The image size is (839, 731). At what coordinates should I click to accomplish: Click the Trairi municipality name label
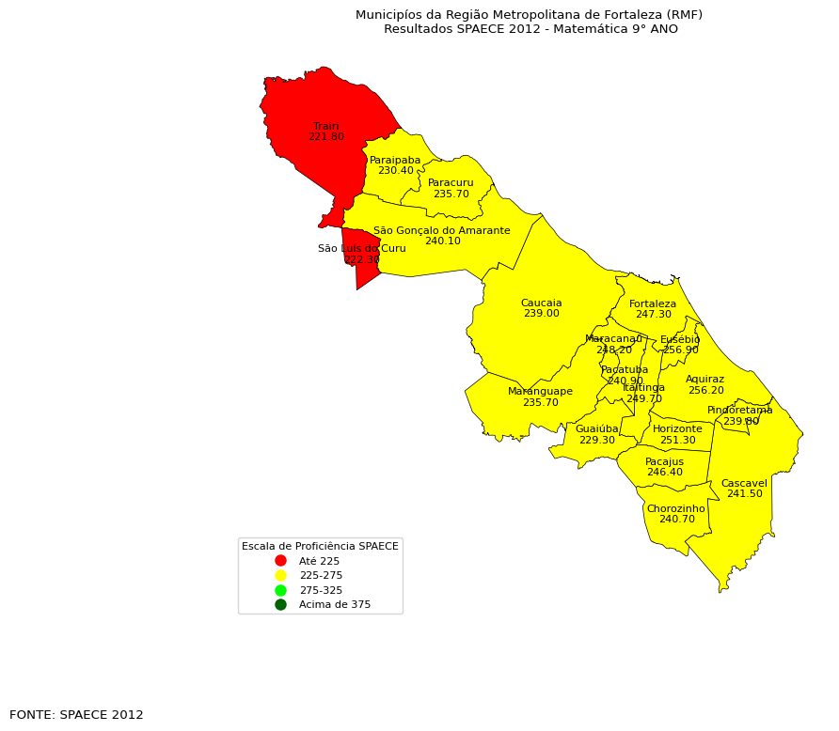point(325,126)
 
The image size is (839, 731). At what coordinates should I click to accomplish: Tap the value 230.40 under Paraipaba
point(395,171)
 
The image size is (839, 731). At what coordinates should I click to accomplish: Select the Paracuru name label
point(451,183)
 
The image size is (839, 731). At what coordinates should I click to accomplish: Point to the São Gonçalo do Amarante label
point(441,230)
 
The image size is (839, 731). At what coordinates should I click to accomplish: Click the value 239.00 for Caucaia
point(541,314)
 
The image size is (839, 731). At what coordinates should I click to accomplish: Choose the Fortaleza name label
point(653,303)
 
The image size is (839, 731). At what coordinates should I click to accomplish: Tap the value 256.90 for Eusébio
point(680,350)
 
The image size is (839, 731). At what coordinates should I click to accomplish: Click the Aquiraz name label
point(704,380)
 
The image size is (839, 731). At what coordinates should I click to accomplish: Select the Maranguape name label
point(540,392)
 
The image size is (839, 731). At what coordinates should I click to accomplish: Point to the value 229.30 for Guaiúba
point(596,440)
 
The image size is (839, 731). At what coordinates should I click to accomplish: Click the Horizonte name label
point(677,429)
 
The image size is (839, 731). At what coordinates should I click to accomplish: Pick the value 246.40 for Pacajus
point(664,473)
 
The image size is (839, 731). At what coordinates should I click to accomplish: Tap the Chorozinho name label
point(675,508)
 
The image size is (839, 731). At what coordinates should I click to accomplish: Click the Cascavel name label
point(744,483)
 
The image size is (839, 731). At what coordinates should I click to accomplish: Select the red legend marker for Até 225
point(280,561)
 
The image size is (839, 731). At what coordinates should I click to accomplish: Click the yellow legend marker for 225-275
point(280,575)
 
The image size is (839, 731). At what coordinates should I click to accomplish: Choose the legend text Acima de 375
point(335,604)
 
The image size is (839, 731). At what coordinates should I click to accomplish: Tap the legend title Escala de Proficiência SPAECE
point(320,546)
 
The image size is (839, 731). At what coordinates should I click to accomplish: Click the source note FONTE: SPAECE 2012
point(76,715)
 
